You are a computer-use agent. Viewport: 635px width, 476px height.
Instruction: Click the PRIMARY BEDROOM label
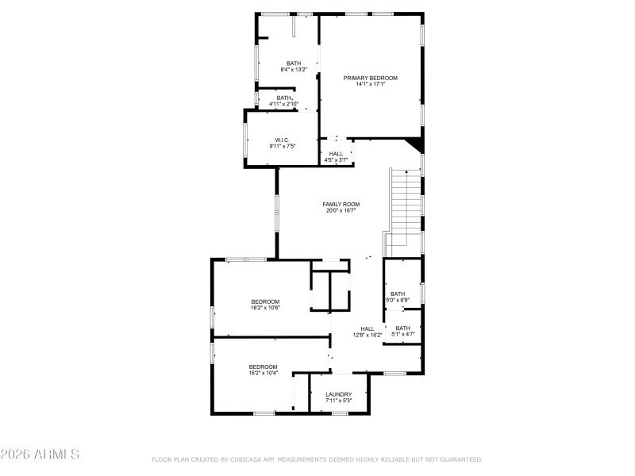370,78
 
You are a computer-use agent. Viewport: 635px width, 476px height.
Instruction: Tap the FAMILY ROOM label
341,204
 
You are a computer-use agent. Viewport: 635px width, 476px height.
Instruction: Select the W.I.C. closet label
283,140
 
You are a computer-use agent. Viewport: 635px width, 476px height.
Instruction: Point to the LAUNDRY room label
338,394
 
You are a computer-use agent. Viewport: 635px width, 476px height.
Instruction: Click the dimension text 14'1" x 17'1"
370,84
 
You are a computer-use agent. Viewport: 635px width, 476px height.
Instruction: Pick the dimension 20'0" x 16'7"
341,210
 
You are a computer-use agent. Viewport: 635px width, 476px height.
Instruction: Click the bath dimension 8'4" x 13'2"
294,70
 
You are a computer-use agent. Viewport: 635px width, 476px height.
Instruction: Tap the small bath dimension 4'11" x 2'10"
283,104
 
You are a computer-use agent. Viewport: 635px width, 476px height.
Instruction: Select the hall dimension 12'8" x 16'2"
368,335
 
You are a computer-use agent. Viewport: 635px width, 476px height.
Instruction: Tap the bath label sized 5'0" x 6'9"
398,294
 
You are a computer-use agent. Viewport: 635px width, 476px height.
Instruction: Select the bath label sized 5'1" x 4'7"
402,328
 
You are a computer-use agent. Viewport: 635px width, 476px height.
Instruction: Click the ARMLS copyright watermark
40,455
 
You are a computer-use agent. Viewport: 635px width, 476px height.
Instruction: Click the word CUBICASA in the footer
250,459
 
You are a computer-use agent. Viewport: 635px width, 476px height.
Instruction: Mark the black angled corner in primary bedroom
414,144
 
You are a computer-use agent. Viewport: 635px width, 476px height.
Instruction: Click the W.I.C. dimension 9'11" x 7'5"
283,147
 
